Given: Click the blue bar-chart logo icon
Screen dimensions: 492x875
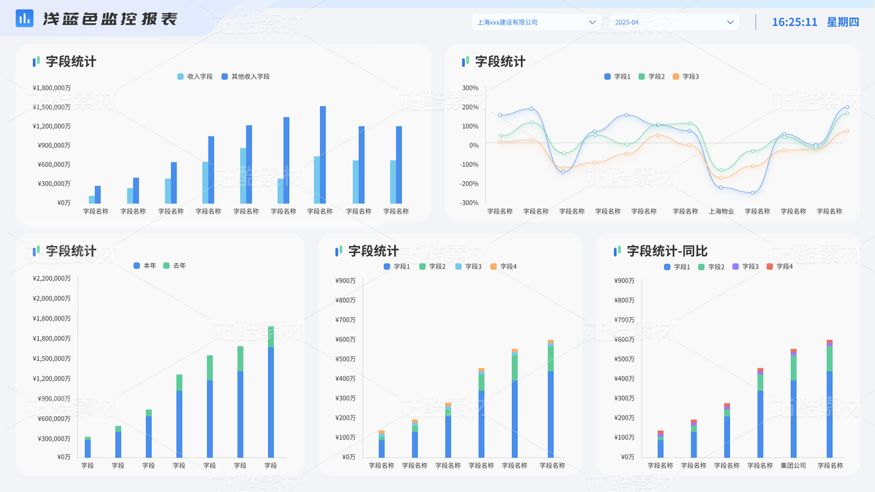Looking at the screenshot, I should pyautogui.click(x=25, y=18).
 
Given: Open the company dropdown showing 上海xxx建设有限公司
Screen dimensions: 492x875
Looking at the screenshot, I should pyautogui.click(x=536, y=23).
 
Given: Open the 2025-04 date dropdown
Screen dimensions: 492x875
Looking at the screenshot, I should pyautogui.click(x=673, y=23).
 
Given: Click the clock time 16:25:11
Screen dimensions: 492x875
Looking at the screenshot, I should pyautogui.click(x=794, y=22).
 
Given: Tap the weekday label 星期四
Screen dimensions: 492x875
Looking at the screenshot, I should pyautogui.click(x=843, y=22).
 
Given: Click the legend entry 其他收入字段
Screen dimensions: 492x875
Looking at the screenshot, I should pyautogui.click(x=245, y=77).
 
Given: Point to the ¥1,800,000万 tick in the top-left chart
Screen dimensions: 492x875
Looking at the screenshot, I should pyautogui.click(x=51, y=88).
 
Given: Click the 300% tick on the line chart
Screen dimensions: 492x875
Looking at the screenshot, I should pyautogui.click(x=470, y=88).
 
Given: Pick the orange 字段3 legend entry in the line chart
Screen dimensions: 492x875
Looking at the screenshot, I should pyautogui.click(x=686, y=77).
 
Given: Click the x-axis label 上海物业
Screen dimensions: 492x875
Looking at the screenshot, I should pyautogui.click(x=721, y=212).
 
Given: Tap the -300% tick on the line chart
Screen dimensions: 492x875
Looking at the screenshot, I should pyautogui.click(x=469, y=203).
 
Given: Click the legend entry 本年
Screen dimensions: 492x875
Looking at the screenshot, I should pyautogui.click(x=145, y=266).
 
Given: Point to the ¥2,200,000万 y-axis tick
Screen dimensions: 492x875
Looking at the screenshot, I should pyautogui.click(x=51, y=279).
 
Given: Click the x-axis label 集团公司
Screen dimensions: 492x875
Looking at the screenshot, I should pyautogui.click(x=794, y=466).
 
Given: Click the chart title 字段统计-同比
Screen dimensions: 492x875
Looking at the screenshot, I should pyautogui.click(x=667, y=251).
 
